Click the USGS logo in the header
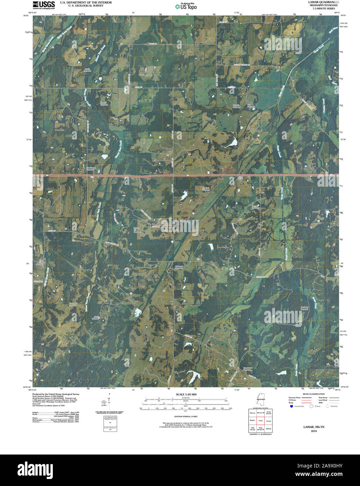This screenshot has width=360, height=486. (43, 5)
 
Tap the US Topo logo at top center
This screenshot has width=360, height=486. (186, 6)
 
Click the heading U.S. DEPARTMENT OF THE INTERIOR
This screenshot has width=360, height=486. (86, 2)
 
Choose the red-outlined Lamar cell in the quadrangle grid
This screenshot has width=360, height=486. (260, 420)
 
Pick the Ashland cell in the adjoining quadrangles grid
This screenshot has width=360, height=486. (268, 428)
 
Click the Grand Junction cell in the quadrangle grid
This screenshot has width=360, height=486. (268, 413)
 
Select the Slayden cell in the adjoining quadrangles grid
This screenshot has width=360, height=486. (252, 420)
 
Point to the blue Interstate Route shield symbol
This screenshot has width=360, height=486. (291, 406)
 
